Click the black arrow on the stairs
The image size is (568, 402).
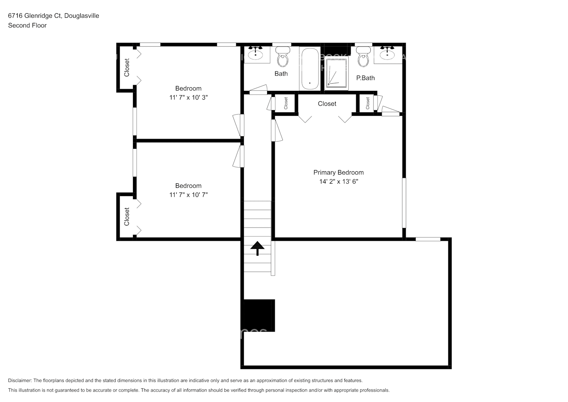257,248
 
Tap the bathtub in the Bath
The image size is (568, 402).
309,69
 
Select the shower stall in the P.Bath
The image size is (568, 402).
337,73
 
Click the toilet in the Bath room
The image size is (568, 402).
283,57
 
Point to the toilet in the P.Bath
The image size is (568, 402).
364,57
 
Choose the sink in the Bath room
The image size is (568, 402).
255,53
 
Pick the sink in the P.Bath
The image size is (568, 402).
387,53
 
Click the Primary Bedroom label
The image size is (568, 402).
338,172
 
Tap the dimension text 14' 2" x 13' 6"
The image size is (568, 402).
338,181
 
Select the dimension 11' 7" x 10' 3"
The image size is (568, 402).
188,97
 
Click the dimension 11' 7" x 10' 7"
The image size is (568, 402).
188,195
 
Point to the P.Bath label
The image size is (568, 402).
365,78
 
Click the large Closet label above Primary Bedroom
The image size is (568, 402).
327,104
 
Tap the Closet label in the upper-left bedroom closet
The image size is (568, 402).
127,68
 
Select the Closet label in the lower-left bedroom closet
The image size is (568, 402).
127,216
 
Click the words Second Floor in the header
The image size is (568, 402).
27,25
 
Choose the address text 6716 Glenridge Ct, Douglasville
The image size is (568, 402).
53,16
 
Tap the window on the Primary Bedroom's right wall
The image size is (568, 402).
404,203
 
